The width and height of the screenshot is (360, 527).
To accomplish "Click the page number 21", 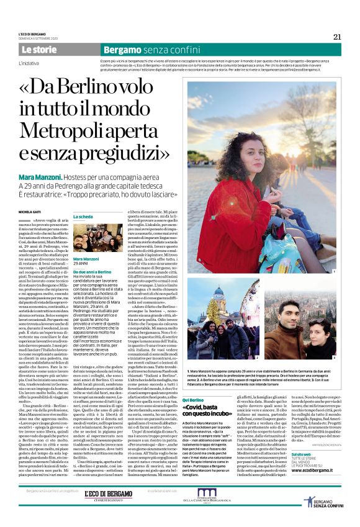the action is coord(337,37).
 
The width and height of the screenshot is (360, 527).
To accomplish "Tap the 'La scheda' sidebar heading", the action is coord(84,217).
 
